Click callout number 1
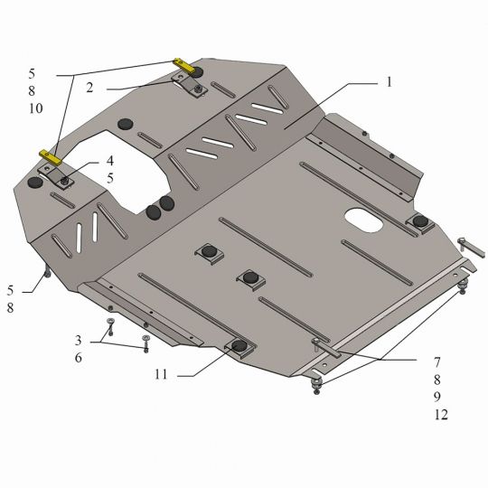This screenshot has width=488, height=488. click(389, 82)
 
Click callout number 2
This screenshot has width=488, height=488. click(89, 88)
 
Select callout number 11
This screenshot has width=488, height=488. click(161, 374)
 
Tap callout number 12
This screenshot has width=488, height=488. click(441, 415)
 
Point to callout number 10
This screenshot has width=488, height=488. click(36, 108)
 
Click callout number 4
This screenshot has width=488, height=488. click(110, 161)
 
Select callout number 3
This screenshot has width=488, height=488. click(78, 340)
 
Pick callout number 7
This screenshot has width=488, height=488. click(437, 362)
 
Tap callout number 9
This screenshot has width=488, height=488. click(437, 397)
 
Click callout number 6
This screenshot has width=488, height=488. click(78, 358)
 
